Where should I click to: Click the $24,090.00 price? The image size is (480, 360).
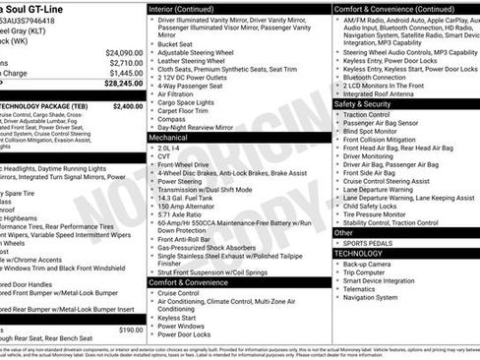[124, 52]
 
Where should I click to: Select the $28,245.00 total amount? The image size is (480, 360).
[124, 84]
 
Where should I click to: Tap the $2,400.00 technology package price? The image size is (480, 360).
[127, 105]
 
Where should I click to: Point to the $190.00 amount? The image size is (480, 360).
[130, 330]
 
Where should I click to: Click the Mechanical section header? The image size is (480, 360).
[168, 139]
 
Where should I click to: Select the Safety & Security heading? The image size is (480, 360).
[362, 103]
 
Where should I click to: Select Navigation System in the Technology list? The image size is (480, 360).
[370, 297]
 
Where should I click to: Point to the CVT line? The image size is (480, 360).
[164, 155]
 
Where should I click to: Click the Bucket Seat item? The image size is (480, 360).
[175, 43]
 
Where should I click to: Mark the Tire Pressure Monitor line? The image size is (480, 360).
[378, 213]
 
